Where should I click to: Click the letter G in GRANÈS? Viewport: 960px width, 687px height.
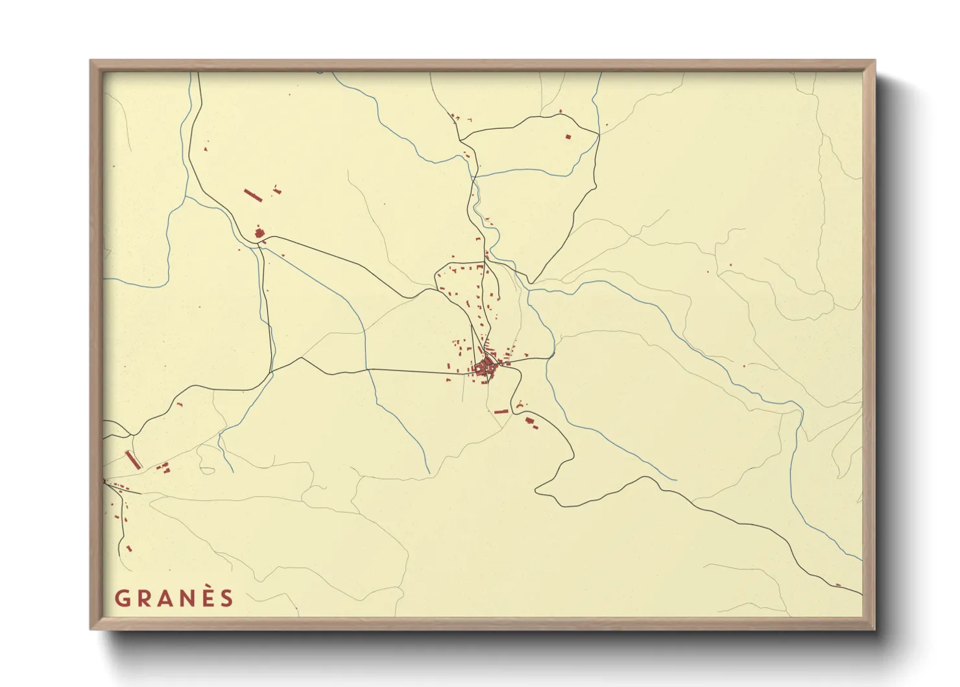click(x=121, y=599)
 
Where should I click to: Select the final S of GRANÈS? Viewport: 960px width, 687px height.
click(x=226, y=599)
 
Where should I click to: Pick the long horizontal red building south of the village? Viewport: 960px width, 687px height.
click(x=501, y=411)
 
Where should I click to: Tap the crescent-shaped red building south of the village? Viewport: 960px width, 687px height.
click(x=531, y=421)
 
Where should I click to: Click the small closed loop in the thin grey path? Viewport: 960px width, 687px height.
click(x=206, y=468)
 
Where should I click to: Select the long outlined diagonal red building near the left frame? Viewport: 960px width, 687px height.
click(x=133, y=460)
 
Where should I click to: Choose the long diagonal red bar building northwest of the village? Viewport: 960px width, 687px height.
click(x=252, y=195)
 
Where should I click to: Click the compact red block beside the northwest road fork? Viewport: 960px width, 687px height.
click(x=259, y=233)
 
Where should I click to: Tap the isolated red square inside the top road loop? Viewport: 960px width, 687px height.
click(x=568, y=137)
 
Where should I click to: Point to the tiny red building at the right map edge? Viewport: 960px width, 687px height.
click(x=838, y=585)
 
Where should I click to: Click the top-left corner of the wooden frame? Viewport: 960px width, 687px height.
click(x=91, y=61)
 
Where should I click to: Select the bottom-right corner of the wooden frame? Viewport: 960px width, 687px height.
click(x=874, y=629)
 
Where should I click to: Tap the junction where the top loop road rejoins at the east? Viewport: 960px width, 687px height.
click(x=598, y=134)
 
